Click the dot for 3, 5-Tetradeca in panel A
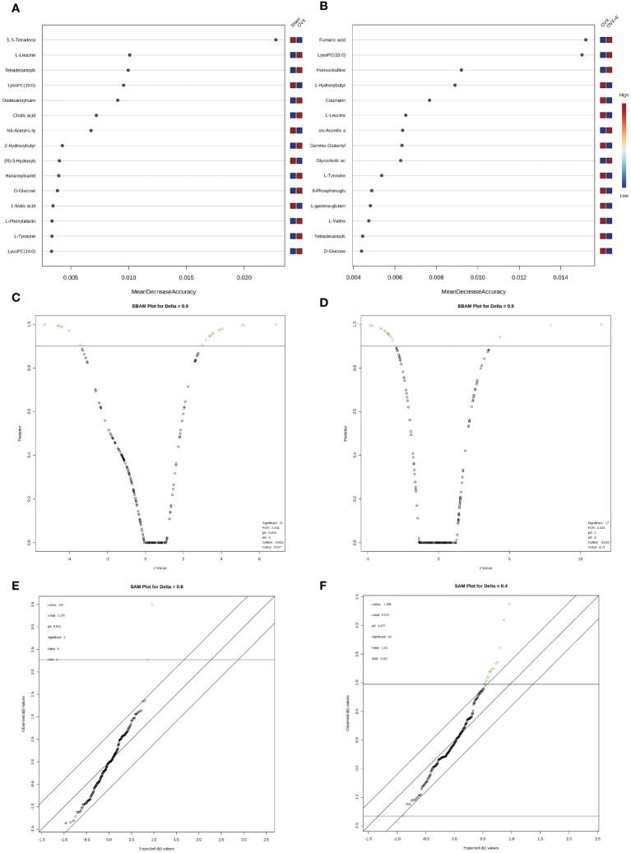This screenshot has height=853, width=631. coord(276,39)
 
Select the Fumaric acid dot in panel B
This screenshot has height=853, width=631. coord(586,39)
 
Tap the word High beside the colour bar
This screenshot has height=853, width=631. coord(624,95)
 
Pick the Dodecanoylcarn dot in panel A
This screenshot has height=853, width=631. coord(118,100)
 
